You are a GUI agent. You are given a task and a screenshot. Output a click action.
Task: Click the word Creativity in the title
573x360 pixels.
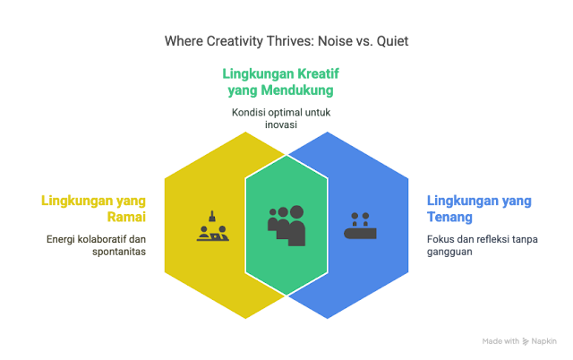coord(231,40)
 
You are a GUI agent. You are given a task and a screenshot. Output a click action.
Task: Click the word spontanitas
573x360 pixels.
coord(120,252)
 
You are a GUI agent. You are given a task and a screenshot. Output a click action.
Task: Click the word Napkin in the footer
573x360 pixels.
coord(543,341)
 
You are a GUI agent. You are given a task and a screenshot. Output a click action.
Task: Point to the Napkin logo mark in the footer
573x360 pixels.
coord(525,341)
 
